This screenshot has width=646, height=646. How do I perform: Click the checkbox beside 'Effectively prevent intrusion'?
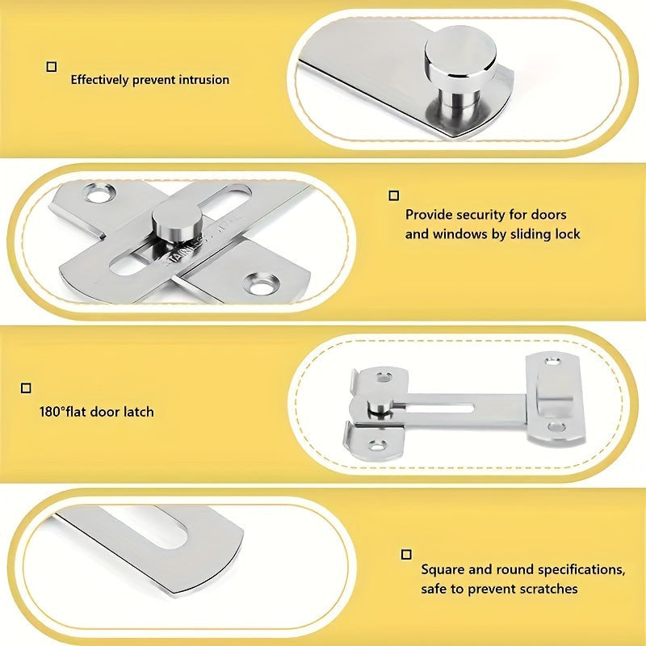coord(52,67)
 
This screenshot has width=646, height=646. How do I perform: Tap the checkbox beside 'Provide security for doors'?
coord(394,195)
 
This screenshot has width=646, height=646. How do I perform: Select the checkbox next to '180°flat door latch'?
coord(26,388)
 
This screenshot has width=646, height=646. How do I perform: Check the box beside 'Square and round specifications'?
coord(406,555)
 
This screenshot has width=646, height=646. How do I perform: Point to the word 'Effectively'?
coord(99,80)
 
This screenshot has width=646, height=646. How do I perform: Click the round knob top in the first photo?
coord(460,52)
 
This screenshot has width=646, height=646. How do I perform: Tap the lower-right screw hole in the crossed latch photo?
coord(261,285)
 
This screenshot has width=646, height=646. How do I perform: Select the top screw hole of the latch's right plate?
coord(552,362)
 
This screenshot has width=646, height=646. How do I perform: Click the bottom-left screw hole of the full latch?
coord(377,446)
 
